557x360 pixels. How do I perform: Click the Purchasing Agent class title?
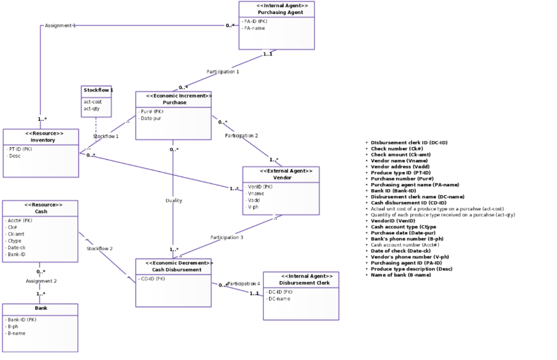276,12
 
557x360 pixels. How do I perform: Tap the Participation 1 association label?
222,71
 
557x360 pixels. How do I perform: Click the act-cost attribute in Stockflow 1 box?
92,102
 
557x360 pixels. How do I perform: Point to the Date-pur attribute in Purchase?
150,118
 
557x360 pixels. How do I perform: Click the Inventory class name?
42,140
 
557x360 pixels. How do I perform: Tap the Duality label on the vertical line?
174,201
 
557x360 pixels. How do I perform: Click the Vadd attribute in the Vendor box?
253,200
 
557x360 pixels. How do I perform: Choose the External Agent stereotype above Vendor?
286,171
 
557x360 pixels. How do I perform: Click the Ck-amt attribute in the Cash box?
15,234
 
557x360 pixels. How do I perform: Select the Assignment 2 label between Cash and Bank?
41,281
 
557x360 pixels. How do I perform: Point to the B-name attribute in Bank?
16,333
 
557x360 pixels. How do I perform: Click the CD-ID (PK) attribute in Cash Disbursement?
153,278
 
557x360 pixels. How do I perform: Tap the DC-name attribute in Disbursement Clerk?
278,299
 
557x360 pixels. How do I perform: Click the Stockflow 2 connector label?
99,249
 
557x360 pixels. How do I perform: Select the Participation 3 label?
227,237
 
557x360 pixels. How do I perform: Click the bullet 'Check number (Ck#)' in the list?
397,148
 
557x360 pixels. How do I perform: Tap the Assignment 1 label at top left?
60,26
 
